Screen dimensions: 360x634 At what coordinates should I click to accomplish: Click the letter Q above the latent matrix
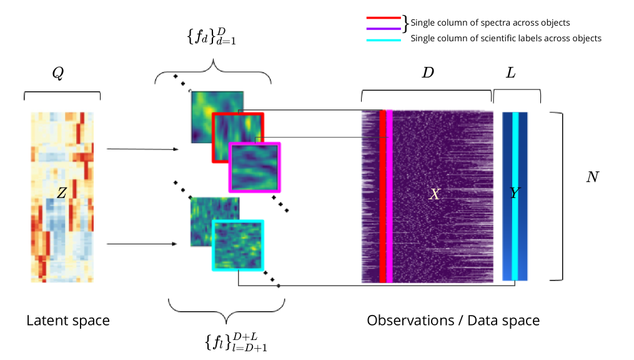(x=57, y=74)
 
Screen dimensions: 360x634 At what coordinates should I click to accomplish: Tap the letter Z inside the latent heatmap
(x=61, y=194)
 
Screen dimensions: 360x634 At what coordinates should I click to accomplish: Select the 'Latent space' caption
(x=68, y=321)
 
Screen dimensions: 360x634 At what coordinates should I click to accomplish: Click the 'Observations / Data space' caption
(x=453, y=321)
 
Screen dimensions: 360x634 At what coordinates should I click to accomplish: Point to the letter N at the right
(x=593, y=177)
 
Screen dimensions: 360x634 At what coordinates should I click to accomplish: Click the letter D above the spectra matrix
(x=428, y=73)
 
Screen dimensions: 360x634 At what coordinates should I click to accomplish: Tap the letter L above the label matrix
(x=510, y=73)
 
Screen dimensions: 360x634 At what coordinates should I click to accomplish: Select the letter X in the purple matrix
(x=435, y=194)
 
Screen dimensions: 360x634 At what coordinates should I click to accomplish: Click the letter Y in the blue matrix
(x=513, y=194)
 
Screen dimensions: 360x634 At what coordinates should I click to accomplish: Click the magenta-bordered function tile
(x=255, y=167)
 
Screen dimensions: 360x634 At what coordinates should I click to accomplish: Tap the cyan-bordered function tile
(x=237, y=245)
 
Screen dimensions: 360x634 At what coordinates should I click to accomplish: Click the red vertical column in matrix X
(x=382, y=196)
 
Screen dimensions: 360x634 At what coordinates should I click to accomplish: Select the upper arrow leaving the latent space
(x=142, y=149)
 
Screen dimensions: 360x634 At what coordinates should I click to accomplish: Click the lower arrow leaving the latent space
(x=142, y=244)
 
